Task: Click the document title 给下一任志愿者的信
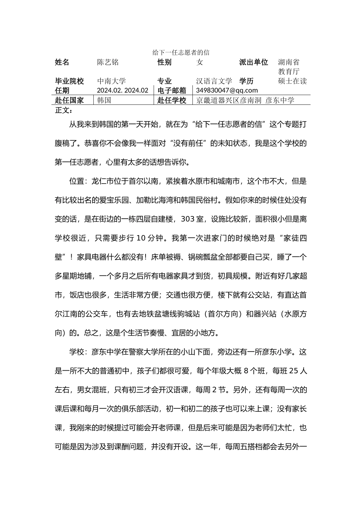pos(181,53)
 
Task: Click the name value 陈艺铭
pos(108,62)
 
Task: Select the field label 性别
pos(164,62)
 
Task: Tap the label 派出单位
pos(253,62)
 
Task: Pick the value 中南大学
pos(111,81)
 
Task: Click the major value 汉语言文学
pos(214,81)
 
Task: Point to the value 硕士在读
pos(292,81)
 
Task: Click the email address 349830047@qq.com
pos(227,90)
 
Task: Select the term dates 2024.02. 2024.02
pos(122,90)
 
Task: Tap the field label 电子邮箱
pos(171,90)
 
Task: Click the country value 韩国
pos(104,100)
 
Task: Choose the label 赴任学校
pos(171,100)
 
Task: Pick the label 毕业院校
pos(69,81)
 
